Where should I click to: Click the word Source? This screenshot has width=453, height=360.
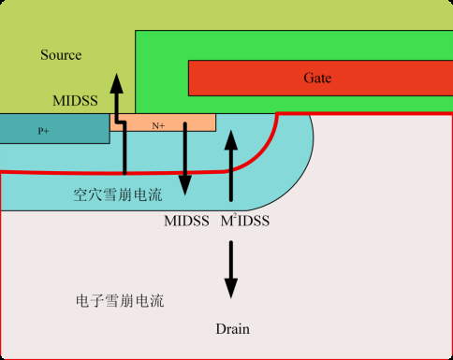61,55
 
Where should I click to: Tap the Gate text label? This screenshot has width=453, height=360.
317,78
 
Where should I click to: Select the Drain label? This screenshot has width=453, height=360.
232,329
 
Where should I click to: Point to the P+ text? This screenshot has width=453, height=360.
43,131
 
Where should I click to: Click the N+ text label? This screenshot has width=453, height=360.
158,124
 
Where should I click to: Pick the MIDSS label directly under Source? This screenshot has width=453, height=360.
73,98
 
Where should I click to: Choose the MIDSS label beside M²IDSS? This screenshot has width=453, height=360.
184,222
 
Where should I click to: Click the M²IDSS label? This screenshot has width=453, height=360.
246,222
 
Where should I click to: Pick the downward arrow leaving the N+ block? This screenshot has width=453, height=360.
185,159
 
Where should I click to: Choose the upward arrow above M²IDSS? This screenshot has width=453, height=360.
231,168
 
